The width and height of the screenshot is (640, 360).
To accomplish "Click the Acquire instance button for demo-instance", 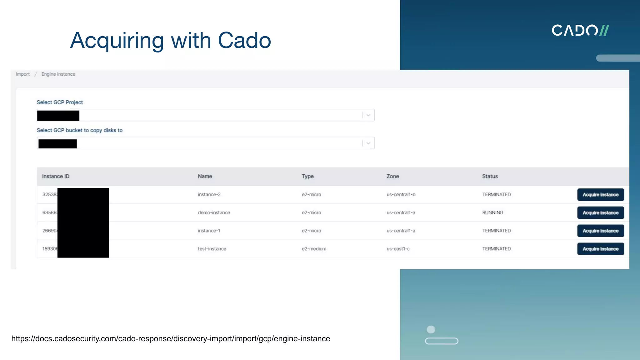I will click(x=600, y=213).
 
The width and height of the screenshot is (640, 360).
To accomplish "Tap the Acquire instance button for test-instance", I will click(x=600, y=249).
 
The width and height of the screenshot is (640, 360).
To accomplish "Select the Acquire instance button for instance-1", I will click(x=600, y=231).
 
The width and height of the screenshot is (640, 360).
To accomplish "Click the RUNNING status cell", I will click(x=492, y=213).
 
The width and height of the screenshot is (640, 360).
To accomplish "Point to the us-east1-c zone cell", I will click(x=398, y=249).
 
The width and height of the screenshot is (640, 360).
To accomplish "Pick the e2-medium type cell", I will click(x=314, y=249).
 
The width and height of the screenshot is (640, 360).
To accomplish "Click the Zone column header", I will click(x=392, y=177).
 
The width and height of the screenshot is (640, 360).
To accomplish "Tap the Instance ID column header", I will click(x=56, y=177).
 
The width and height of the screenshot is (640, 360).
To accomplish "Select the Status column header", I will click(x=490, y=177).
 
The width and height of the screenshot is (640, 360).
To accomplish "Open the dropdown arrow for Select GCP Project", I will click(x=368, y=115).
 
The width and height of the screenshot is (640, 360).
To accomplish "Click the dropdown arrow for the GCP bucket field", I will click(x=368, y=143).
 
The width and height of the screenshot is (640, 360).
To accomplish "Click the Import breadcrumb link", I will click(x=23, y=74).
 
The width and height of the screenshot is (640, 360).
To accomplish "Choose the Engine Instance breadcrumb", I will click(x=58, y=74).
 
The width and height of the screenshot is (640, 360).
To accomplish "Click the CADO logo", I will click(x=580, y=31).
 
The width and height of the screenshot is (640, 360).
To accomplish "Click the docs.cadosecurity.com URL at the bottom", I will click(x=171, y=339).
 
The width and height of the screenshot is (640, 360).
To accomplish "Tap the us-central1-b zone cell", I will click(x=401, y=195).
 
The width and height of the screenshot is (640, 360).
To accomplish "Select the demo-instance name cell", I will click(x=214, y=213).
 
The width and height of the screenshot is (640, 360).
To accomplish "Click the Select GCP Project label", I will click(x=60, y=102).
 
